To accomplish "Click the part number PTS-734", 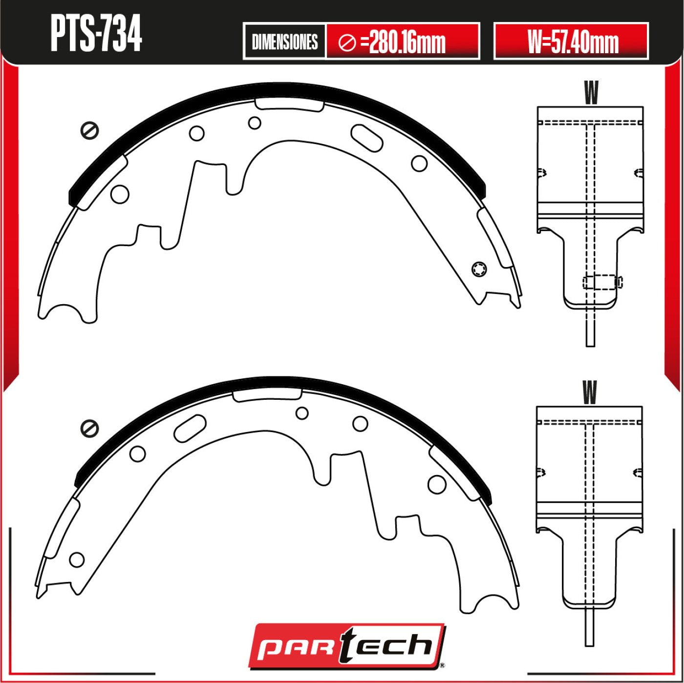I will (96, 35).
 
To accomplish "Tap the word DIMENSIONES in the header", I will (284, 41).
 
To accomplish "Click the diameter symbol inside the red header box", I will (347, 43).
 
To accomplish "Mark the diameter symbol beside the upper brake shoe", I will (90, 130).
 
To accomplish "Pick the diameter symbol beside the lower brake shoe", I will (90, 428).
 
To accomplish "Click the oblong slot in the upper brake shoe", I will (366, 138).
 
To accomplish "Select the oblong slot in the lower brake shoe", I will (190, 428).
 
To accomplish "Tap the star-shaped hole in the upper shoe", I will (479, 269).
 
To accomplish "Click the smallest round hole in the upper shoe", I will (254, 123).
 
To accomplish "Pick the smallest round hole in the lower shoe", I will (302, 413).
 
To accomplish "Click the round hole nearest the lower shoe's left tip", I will (77, 559).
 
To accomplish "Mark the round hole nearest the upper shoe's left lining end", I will (120, 194).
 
